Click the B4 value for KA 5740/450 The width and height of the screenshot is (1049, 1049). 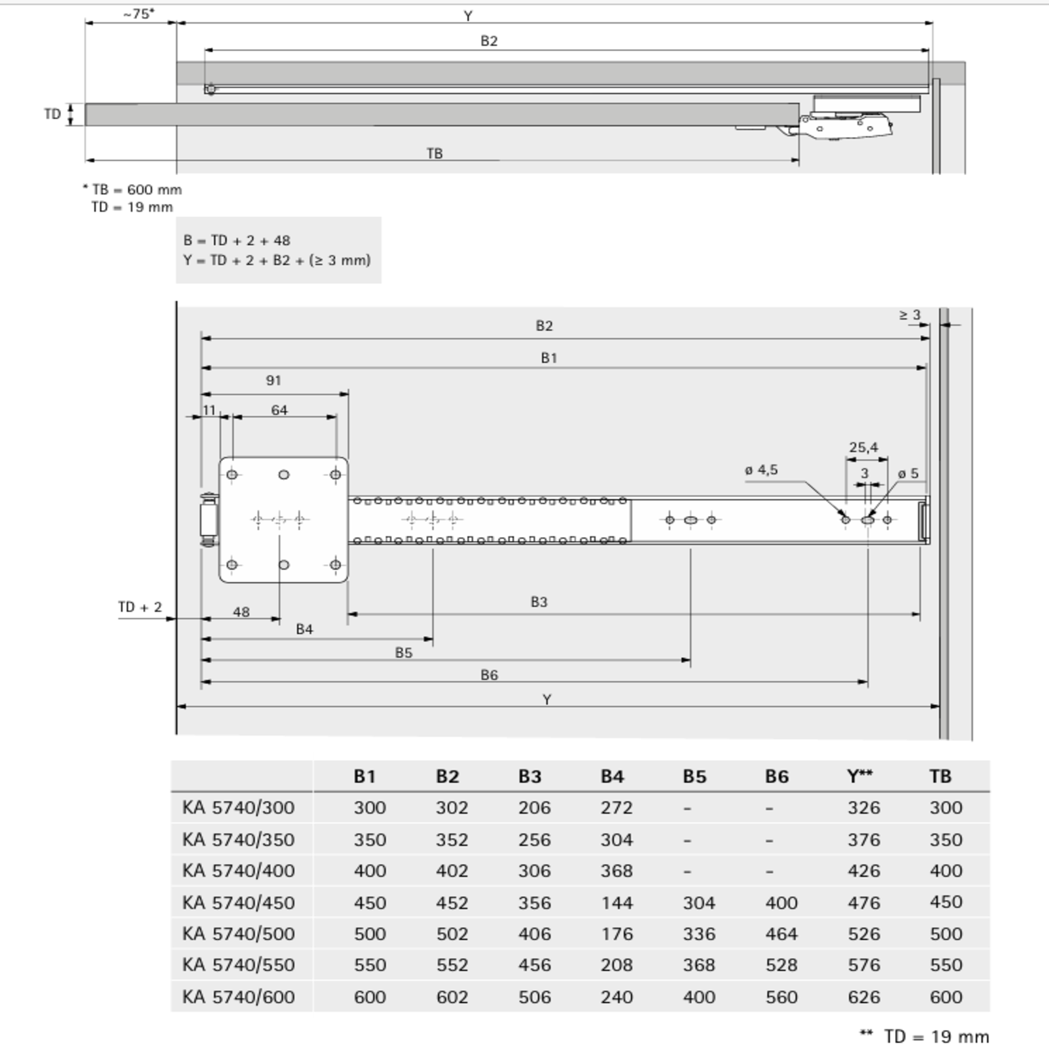pos(616,902)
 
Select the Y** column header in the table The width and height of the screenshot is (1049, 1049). pos(860,776)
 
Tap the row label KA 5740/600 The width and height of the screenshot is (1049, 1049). pos(239,997)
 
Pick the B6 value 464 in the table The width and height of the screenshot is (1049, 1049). pos(781,934)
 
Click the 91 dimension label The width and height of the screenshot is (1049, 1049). pos(273,380)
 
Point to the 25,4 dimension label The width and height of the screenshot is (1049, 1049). pos(863,447)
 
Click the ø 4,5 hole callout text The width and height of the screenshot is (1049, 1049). pos(761,469)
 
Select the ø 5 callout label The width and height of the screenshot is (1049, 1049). pos(908,473)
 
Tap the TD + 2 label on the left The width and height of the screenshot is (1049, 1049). pos(140,607)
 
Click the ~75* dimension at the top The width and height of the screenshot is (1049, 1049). pos(139,14)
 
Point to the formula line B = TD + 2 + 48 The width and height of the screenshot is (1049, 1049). pos(237,241)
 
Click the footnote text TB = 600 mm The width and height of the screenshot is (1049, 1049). pos(136,189)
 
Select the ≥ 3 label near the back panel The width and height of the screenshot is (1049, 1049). pos(909,315)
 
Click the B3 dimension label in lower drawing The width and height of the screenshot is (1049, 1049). pos(538,602)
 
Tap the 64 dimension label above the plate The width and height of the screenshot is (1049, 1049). pos(279,410)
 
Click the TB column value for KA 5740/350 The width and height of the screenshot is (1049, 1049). pos(945,839)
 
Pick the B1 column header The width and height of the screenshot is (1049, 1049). pos(365,776)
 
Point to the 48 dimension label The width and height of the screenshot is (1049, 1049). pos(241,612)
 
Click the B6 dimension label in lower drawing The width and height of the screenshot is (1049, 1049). pos(489,675)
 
